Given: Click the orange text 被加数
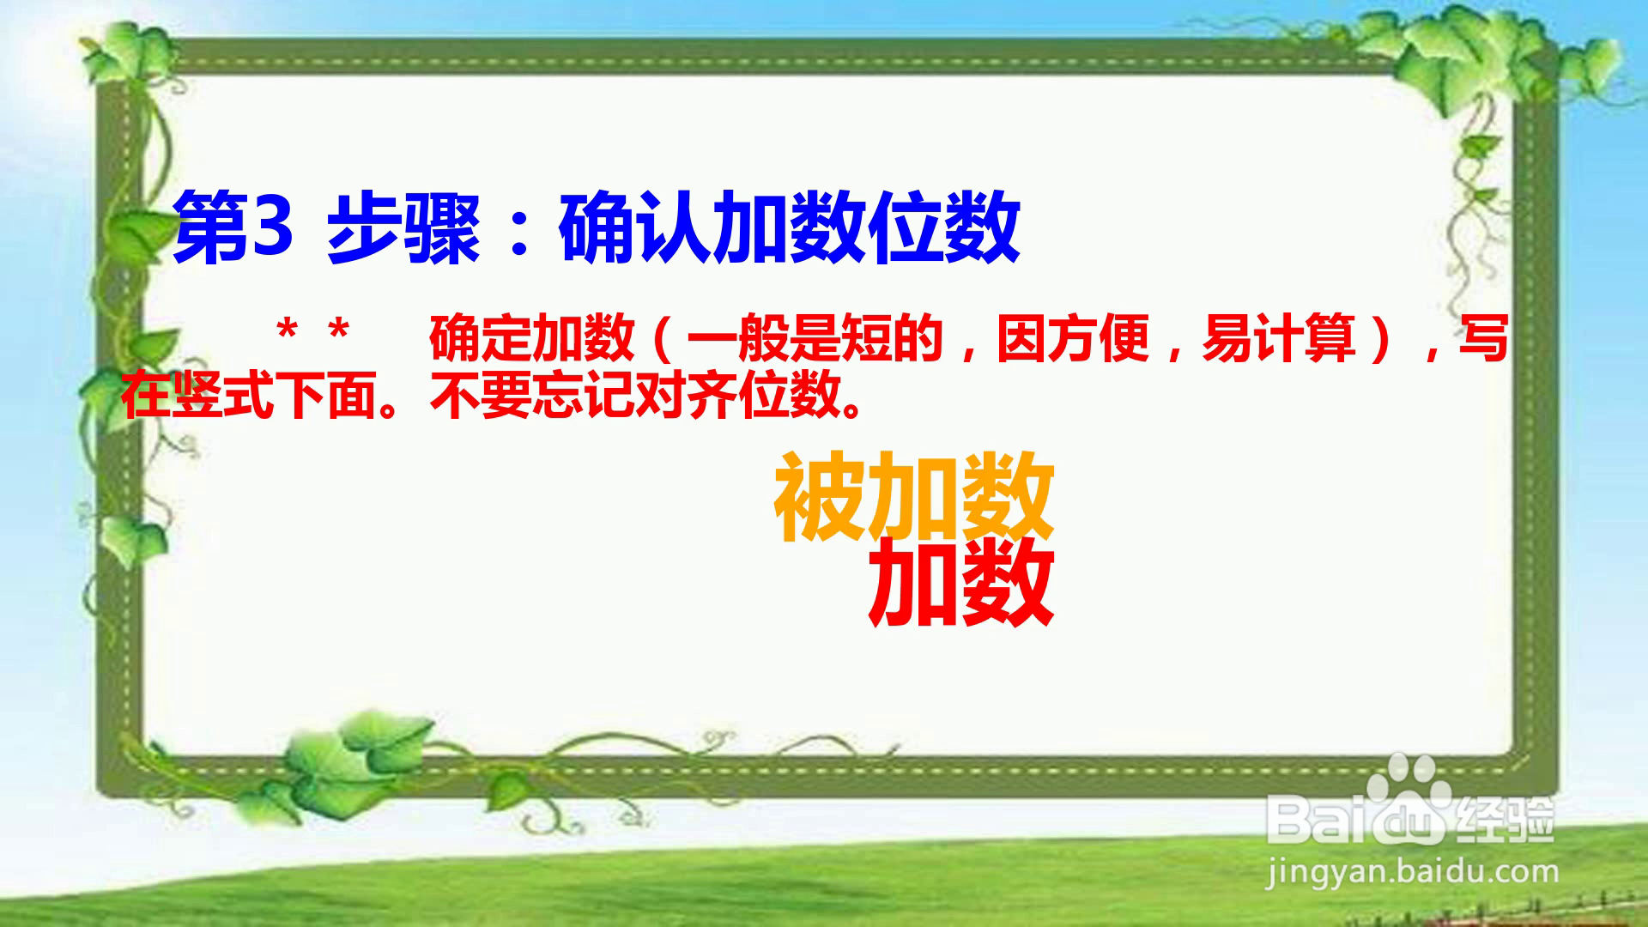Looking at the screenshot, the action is (914, 497).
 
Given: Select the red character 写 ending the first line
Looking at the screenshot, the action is (1484, 338).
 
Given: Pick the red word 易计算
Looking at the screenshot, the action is (1278, 338).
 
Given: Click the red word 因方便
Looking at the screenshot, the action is (1072, 338).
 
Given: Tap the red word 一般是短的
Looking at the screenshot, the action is (815, 338).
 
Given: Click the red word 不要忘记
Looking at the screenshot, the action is (531, 397).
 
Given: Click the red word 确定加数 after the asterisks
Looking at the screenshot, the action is (531, 338).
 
